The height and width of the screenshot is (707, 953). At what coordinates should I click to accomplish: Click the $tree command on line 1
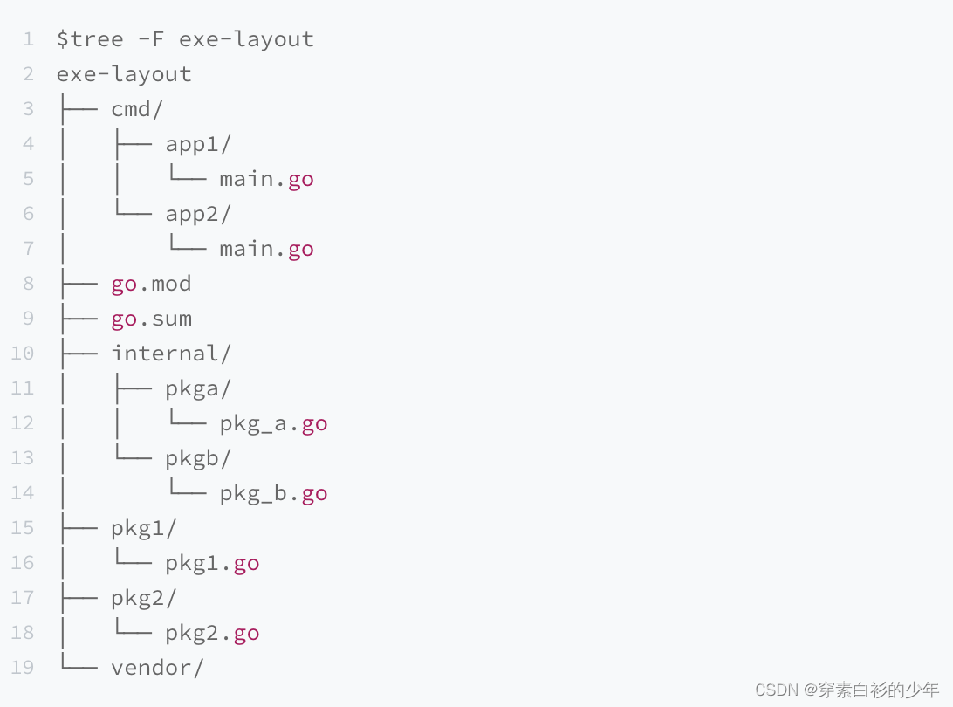90,39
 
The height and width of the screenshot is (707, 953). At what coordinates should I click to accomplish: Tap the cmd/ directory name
137,109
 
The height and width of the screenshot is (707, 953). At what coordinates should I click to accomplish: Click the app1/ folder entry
198,144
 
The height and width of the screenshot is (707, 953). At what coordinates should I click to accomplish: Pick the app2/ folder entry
198,214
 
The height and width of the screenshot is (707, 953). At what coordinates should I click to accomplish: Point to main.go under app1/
266,179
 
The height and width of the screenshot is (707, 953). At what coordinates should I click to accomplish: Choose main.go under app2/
266,249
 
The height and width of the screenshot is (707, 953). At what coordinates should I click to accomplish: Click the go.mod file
151,284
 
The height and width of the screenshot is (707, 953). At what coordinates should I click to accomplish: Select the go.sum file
151,319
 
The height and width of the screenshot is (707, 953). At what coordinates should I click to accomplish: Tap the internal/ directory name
171,353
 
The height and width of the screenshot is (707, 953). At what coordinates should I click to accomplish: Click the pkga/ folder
198,388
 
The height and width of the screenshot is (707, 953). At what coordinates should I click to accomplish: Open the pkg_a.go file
273,423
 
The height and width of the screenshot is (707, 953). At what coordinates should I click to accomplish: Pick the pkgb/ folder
198,458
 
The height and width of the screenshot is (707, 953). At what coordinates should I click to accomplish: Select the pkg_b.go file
273,493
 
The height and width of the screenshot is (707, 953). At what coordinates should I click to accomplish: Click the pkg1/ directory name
144,528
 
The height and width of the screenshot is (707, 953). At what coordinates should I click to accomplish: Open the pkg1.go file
212,563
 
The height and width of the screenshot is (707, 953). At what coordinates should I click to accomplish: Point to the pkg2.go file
212,633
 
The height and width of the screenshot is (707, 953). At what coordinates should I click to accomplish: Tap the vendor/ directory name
157,668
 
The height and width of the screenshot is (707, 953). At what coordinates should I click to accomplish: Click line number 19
23,668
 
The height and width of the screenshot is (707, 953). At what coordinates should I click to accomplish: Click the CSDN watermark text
847,690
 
